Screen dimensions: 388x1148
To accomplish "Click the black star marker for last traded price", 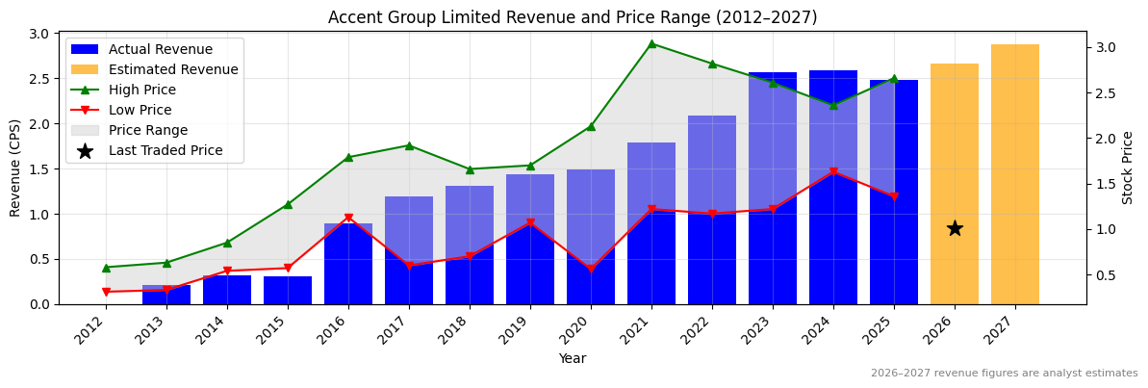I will click(x=955, y=228).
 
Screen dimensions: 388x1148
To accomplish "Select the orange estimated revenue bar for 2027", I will click(x=1015, y=174).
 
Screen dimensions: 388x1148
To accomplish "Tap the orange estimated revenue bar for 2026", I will click(x=955, y=184).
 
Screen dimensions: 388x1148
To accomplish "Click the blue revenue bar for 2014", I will click(x=227, y=290).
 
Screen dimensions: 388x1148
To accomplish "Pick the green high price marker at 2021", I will click(x=651, y=43).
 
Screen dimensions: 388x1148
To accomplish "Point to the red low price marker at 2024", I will click(x=833, y=171).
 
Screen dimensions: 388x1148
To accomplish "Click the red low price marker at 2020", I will click(x=591, y=269).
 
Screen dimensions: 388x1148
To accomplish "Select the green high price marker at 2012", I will click(x=106, y=268).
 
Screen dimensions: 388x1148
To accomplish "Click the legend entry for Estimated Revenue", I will click(x=173, y=69).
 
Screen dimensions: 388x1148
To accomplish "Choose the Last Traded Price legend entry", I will click(x=166, y=150).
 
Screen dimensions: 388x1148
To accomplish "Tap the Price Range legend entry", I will click(x=148, y=130).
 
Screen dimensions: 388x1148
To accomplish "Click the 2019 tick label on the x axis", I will click(x=526, y=333).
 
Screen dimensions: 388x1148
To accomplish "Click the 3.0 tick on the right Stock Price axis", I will click(x=1106, y=47).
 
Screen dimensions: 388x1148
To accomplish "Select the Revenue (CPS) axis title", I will click(x=15, y=168).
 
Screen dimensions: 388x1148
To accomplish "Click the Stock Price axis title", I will click(x=1128, y=168).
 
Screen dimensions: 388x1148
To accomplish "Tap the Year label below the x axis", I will click(x=572, y=358).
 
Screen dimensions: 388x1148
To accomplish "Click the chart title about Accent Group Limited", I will click(x=572, y=17).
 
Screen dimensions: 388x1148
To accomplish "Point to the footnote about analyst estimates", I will click(x=1004, y=374).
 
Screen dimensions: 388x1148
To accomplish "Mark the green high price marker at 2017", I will click(x=409, y=145).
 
